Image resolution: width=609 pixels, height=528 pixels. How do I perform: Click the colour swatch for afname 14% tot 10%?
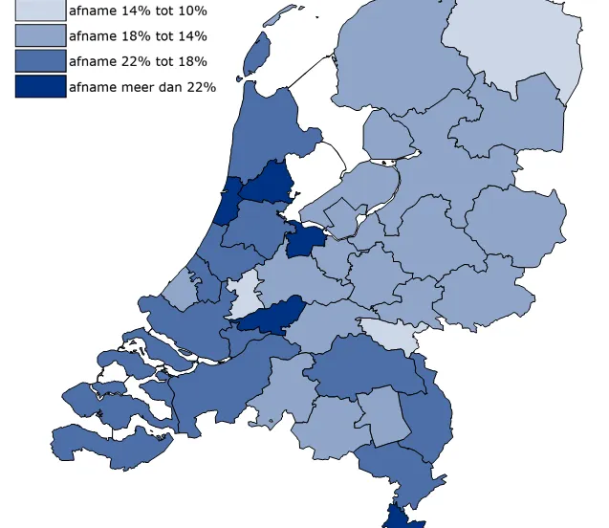tap(40, 11)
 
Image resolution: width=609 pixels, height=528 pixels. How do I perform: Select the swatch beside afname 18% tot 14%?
tap(40, 36)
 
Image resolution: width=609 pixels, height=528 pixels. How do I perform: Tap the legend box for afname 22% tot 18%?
tap(40, 61)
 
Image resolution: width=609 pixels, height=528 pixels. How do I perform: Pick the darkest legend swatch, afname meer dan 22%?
tap(40, 87)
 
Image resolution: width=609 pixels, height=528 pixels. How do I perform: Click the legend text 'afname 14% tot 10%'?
tap(138, 11)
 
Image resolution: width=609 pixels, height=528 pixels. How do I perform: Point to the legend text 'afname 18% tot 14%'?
tap(138, 36)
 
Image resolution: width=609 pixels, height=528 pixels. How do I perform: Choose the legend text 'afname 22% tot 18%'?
tap(138, 61)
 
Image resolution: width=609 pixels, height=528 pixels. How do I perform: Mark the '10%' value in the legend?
tap(190, 11)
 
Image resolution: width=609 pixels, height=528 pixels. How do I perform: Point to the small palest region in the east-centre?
tap(392, 334)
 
